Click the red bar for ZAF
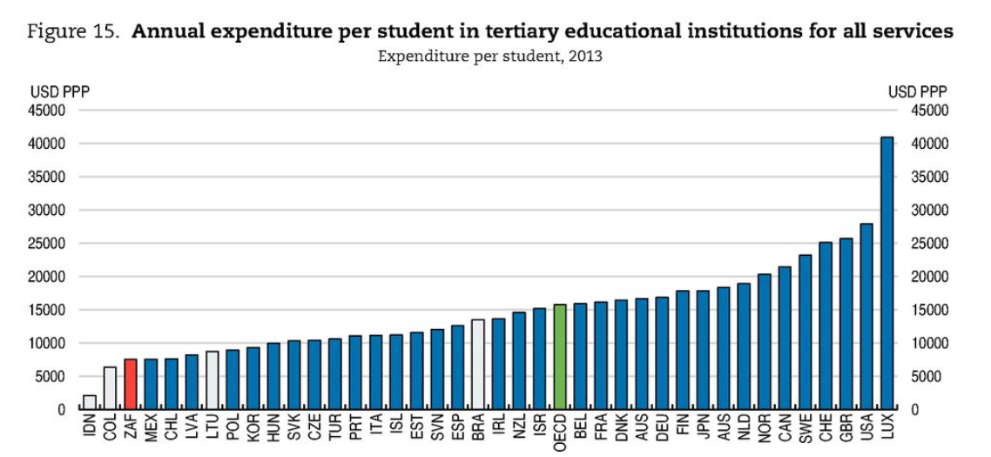point(131,384)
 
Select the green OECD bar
point(560,357)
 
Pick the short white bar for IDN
point(90,402)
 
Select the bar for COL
point(110,388)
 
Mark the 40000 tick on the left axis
point(51,144)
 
